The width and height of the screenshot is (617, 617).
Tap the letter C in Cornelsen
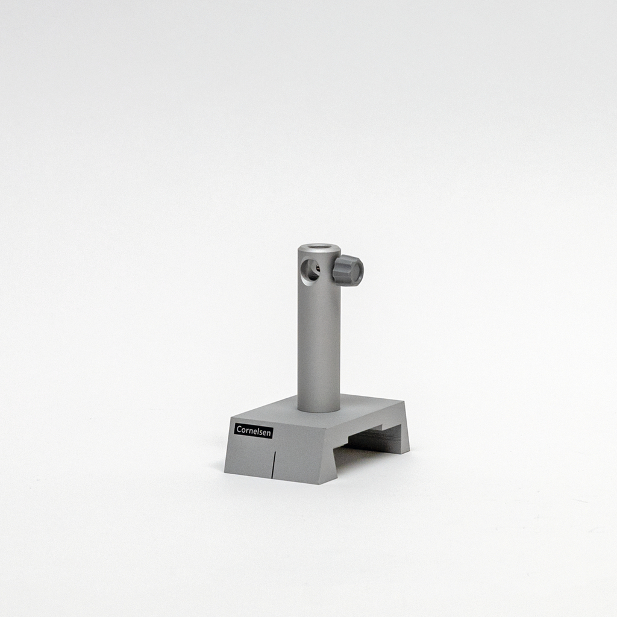(239, 428)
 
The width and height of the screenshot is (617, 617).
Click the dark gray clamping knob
(348, 271)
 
